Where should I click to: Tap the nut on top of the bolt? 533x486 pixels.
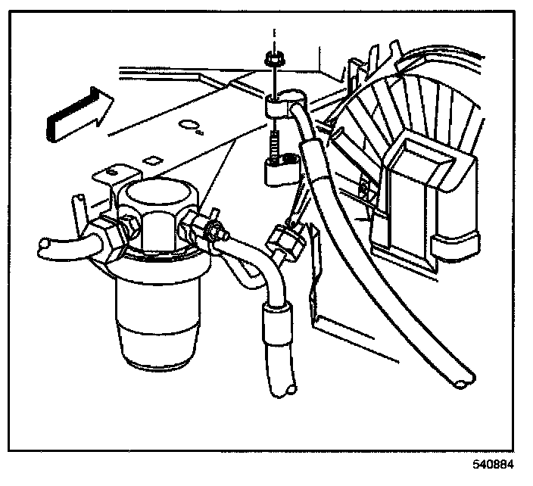click(x=271, y=58)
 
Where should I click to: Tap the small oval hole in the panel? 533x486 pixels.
click(x=189, y=123)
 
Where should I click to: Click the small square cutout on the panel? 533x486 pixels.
click(x=154, y=160)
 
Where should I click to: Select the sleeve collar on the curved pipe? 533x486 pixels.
click(x=274, y=318)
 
